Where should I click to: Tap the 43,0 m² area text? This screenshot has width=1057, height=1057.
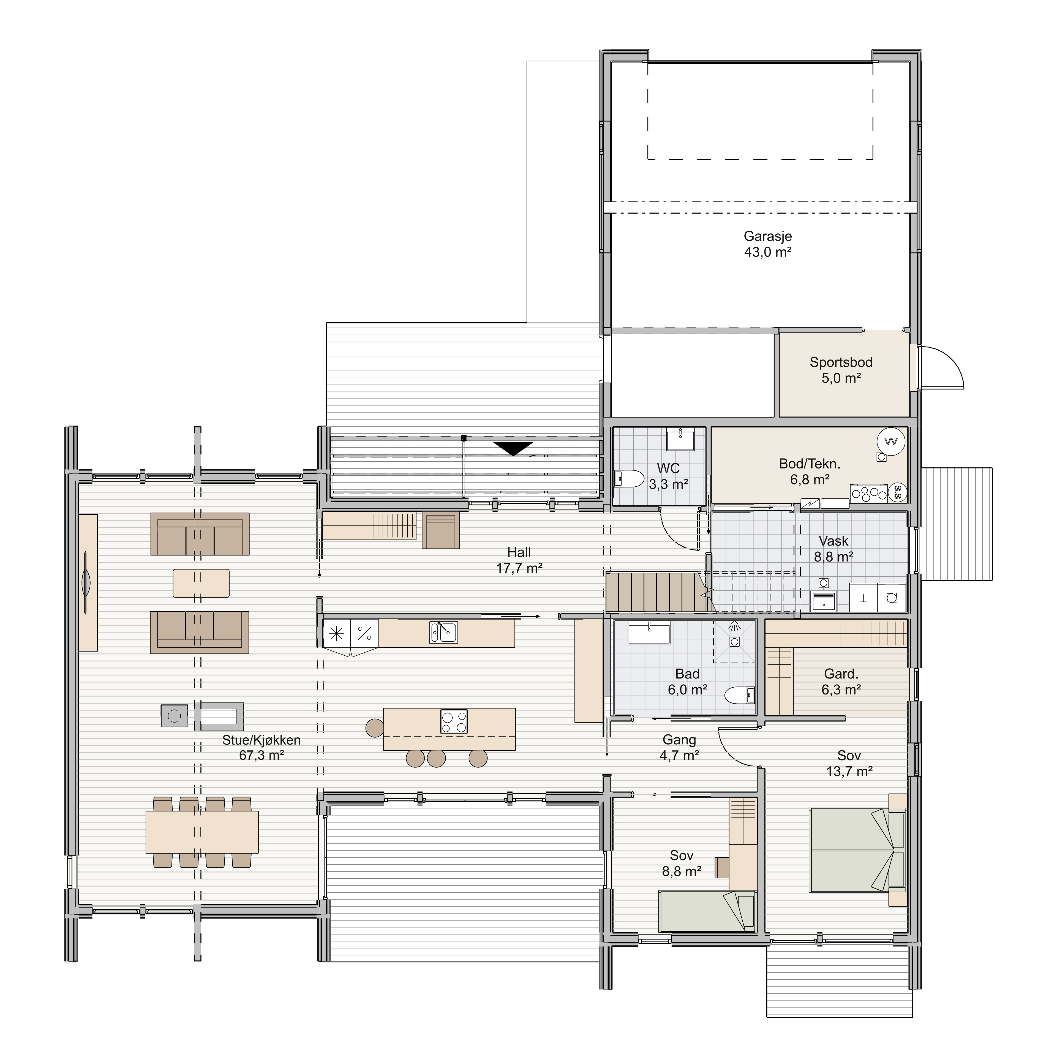click(x=768, y=252)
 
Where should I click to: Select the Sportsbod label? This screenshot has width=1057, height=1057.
click(x=841, y=362)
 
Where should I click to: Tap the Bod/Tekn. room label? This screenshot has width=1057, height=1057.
click(x=810, y=464)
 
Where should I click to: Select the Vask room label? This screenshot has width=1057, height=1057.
click(x=833, y=541)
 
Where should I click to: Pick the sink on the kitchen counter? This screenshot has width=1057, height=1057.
click(x=444, y=633)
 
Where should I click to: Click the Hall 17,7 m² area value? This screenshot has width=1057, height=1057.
click(x=519, y=568)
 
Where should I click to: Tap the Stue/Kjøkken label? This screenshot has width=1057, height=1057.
click(x=261, y=740)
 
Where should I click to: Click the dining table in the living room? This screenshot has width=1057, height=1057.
click(x=202, y=832)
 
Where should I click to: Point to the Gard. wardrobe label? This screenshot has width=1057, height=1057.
click(x=841, y=674)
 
